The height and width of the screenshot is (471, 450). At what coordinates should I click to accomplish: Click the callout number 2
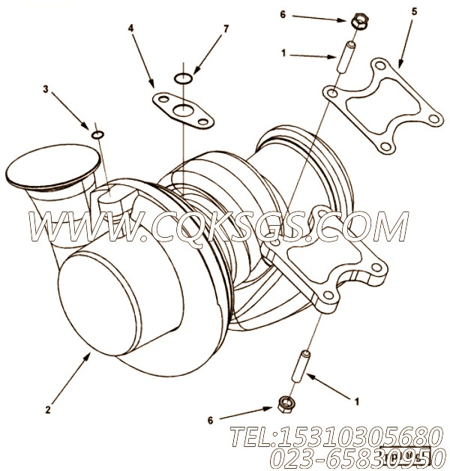(x=47, y=409)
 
